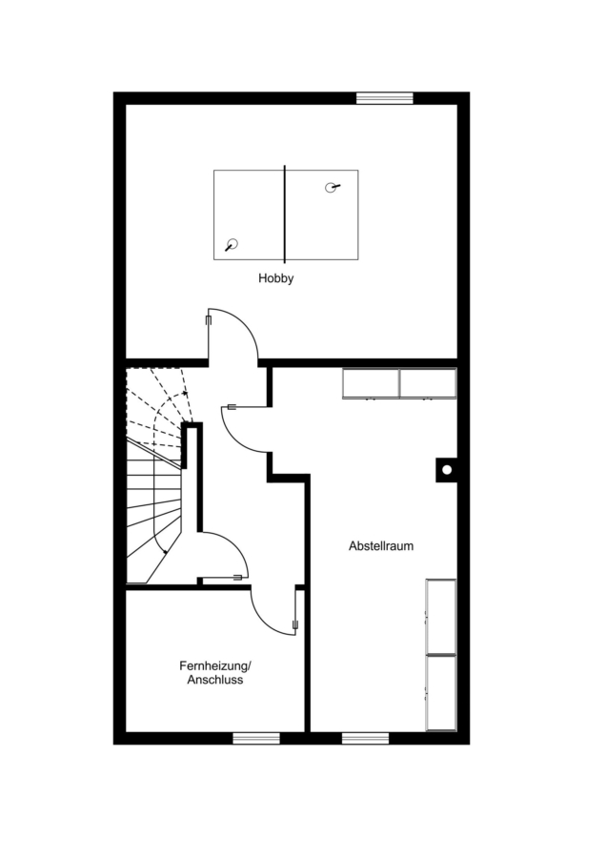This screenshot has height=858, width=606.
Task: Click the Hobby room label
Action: pyautogui.click(x=276, y=278)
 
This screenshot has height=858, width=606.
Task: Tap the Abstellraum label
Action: pyautogui.click(x=381, y=546)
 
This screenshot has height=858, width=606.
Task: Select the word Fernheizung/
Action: pyautogui.click(x=215, y=666)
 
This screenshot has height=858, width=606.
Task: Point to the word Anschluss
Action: pyautogui.click(x=215, y=680)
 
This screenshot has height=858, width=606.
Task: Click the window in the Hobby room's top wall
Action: pyautogui.click(x=385, y=98)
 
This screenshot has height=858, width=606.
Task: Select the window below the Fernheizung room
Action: pyautogui.click(x=256, y=739)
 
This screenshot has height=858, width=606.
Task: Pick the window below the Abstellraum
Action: pyautogui.click(x=365, y=739)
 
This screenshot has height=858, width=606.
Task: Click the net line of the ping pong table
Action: pyautogui.click(x=284, y=214)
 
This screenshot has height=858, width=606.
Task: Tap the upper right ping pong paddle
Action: pyautogui.click(x=332, y=188)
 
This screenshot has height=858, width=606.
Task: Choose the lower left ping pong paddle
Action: pyautogui.click(x=232, y=245)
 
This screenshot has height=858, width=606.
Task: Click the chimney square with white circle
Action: pyautogui.click(x=446, y=470)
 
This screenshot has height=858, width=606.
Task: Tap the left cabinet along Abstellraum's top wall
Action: pyautogui.click(x=371, y=383)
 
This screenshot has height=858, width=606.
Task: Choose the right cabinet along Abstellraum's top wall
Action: pyautogui.click(x=428, y=383)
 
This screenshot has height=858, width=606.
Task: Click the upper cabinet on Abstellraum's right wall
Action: pyautogui.click(x=441, y=616)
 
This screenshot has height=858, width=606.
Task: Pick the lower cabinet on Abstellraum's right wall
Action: pyautogui.click(x=441, y=693)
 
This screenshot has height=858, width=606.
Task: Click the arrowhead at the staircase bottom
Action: pyautogui.click(x=165, y=551)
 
